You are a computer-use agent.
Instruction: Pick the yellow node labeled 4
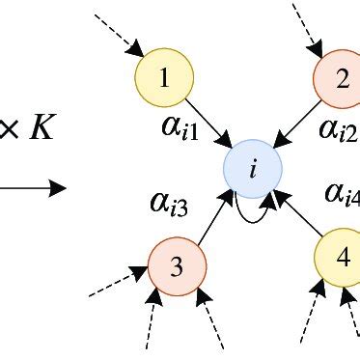343,259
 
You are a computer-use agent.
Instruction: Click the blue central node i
252,170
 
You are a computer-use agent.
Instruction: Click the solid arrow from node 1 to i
208,124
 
